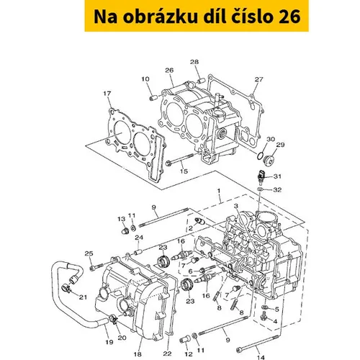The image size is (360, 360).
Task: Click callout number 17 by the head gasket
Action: (x=107, y=94)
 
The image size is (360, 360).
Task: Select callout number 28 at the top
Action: (x=194, y=62)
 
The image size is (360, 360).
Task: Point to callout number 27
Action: (x=258, y=79)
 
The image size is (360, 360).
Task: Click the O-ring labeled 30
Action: (x=260, y=156)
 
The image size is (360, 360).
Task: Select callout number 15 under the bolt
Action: (x=184, y=171)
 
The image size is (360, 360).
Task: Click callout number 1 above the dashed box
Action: (x=219, y=191)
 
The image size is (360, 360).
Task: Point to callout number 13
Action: (x=122, y=219)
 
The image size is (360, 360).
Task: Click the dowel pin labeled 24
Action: (x=138, y=253)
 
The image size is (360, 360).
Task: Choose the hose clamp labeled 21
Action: (x=66, y=287)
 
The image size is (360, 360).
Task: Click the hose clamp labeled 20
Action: (x=113, y=319)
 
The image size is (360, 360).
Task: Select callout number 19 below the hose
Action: (x=109, y=342)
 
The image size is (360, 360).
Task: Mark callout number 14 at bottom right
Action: (x=261, y=357)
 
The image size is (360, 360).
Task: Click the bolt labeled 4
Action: (x=264, y=316)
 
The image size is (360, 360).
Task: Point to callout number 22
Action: (x=167, y=354)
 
